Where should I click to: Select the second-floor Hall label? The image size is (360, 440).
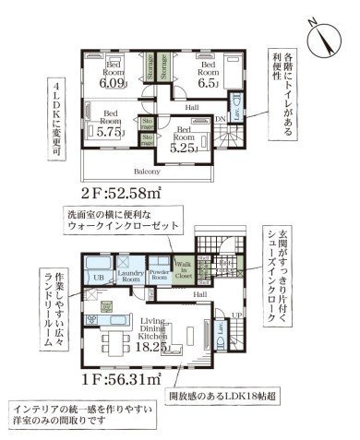(192, 108)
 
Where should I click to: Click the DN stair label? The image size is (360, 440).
(222, 119)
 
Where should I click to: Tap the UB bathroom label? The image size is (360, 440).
(98, 275)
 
